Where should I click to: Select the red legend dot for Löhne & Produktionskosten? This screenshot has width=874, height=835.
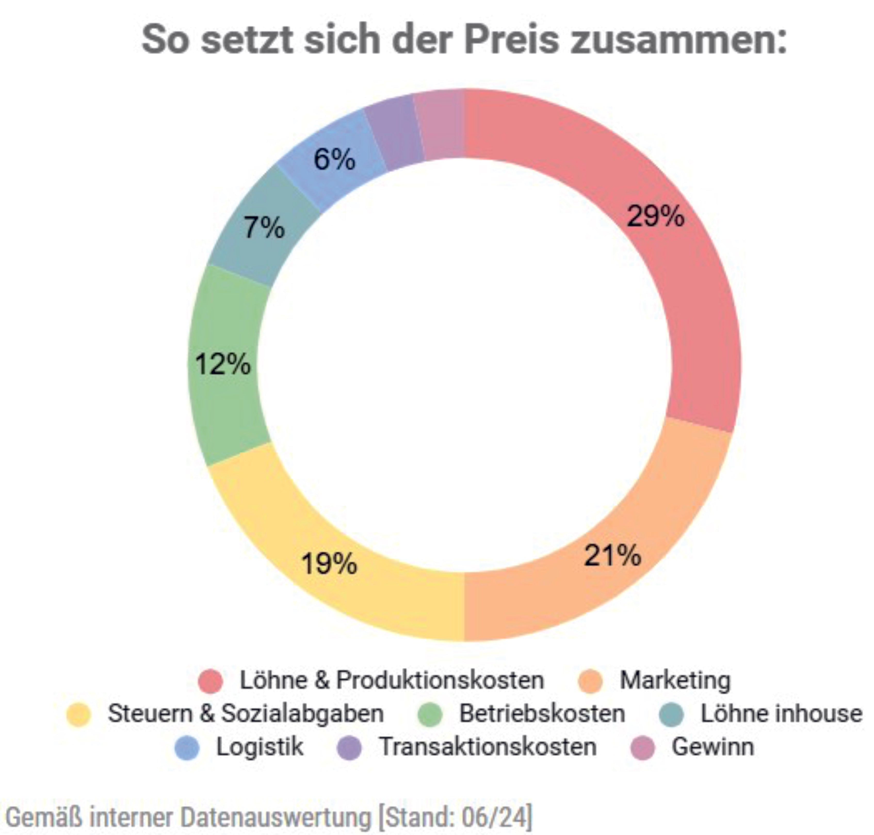[210, 681]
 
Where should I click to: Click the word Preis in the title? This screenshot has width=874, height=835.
[511, 40]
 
